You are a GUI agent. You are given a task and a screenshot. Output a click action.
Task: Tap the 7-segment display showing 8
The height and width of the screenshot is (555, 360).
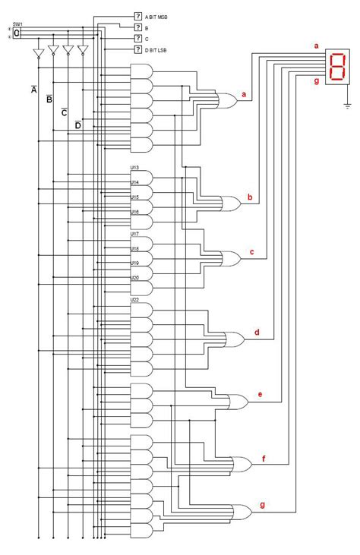click(336, 66)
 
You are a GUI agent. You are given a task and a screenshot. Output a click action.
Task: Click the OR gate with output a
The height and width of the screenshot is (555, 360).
click(226, 99)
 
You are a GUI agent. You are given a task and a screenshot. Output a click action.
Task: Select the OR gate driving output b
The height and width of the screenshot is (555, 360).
click(230, 203)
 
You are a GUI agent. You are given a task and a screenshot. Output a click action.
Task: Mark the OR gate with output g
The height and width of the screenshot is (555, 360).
click(242, 511)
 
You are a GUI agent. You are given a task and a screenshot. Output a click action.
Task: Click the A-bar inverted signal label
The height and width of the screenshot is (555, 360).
click(33, 90)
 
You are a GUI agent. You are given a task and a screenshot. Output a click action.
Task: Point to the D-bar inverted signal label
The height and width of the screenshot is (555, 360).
click(77, 125)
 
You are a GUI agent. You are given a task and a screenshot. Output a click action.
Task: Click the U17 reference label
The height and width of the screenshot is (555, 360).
click(134, 234)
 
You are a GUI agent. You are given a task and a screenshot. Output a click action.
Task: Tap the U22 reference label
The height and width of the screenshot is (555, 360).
click(134, 299)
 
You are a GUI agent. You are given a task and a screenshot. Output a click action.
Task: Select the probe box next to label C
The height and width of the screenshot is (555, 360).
click(138, 38)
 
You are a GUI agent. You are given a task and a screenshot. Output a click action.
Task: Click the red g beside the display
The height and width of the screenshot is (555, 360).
click(317, 80)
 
